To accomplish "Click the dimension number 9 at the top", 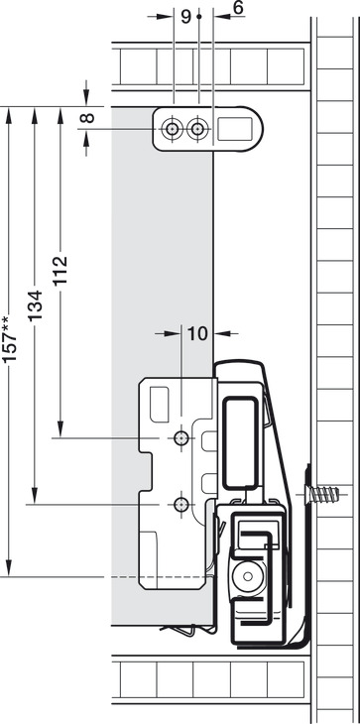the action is click(x=185, y=17).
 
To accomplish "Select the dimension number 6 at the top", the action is click(x=238, y=8).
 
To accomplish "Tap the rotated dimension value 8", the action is click(x=87, y=118).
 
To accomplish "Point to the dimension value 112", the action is click(x=60, y=271).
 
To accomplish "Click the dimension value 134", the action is click(x=35, y=305).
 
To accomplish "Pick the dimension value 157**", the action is click(x=9, y=339).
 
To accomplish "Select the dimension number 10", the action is click(x=197, y=333).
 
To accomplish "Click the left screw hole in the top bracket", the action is click(x=173, y=129).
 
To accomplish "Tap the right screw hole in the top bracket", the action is click(x=197, y=129).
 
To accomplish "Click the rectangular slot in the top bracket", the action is click(x=235, y=129).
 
